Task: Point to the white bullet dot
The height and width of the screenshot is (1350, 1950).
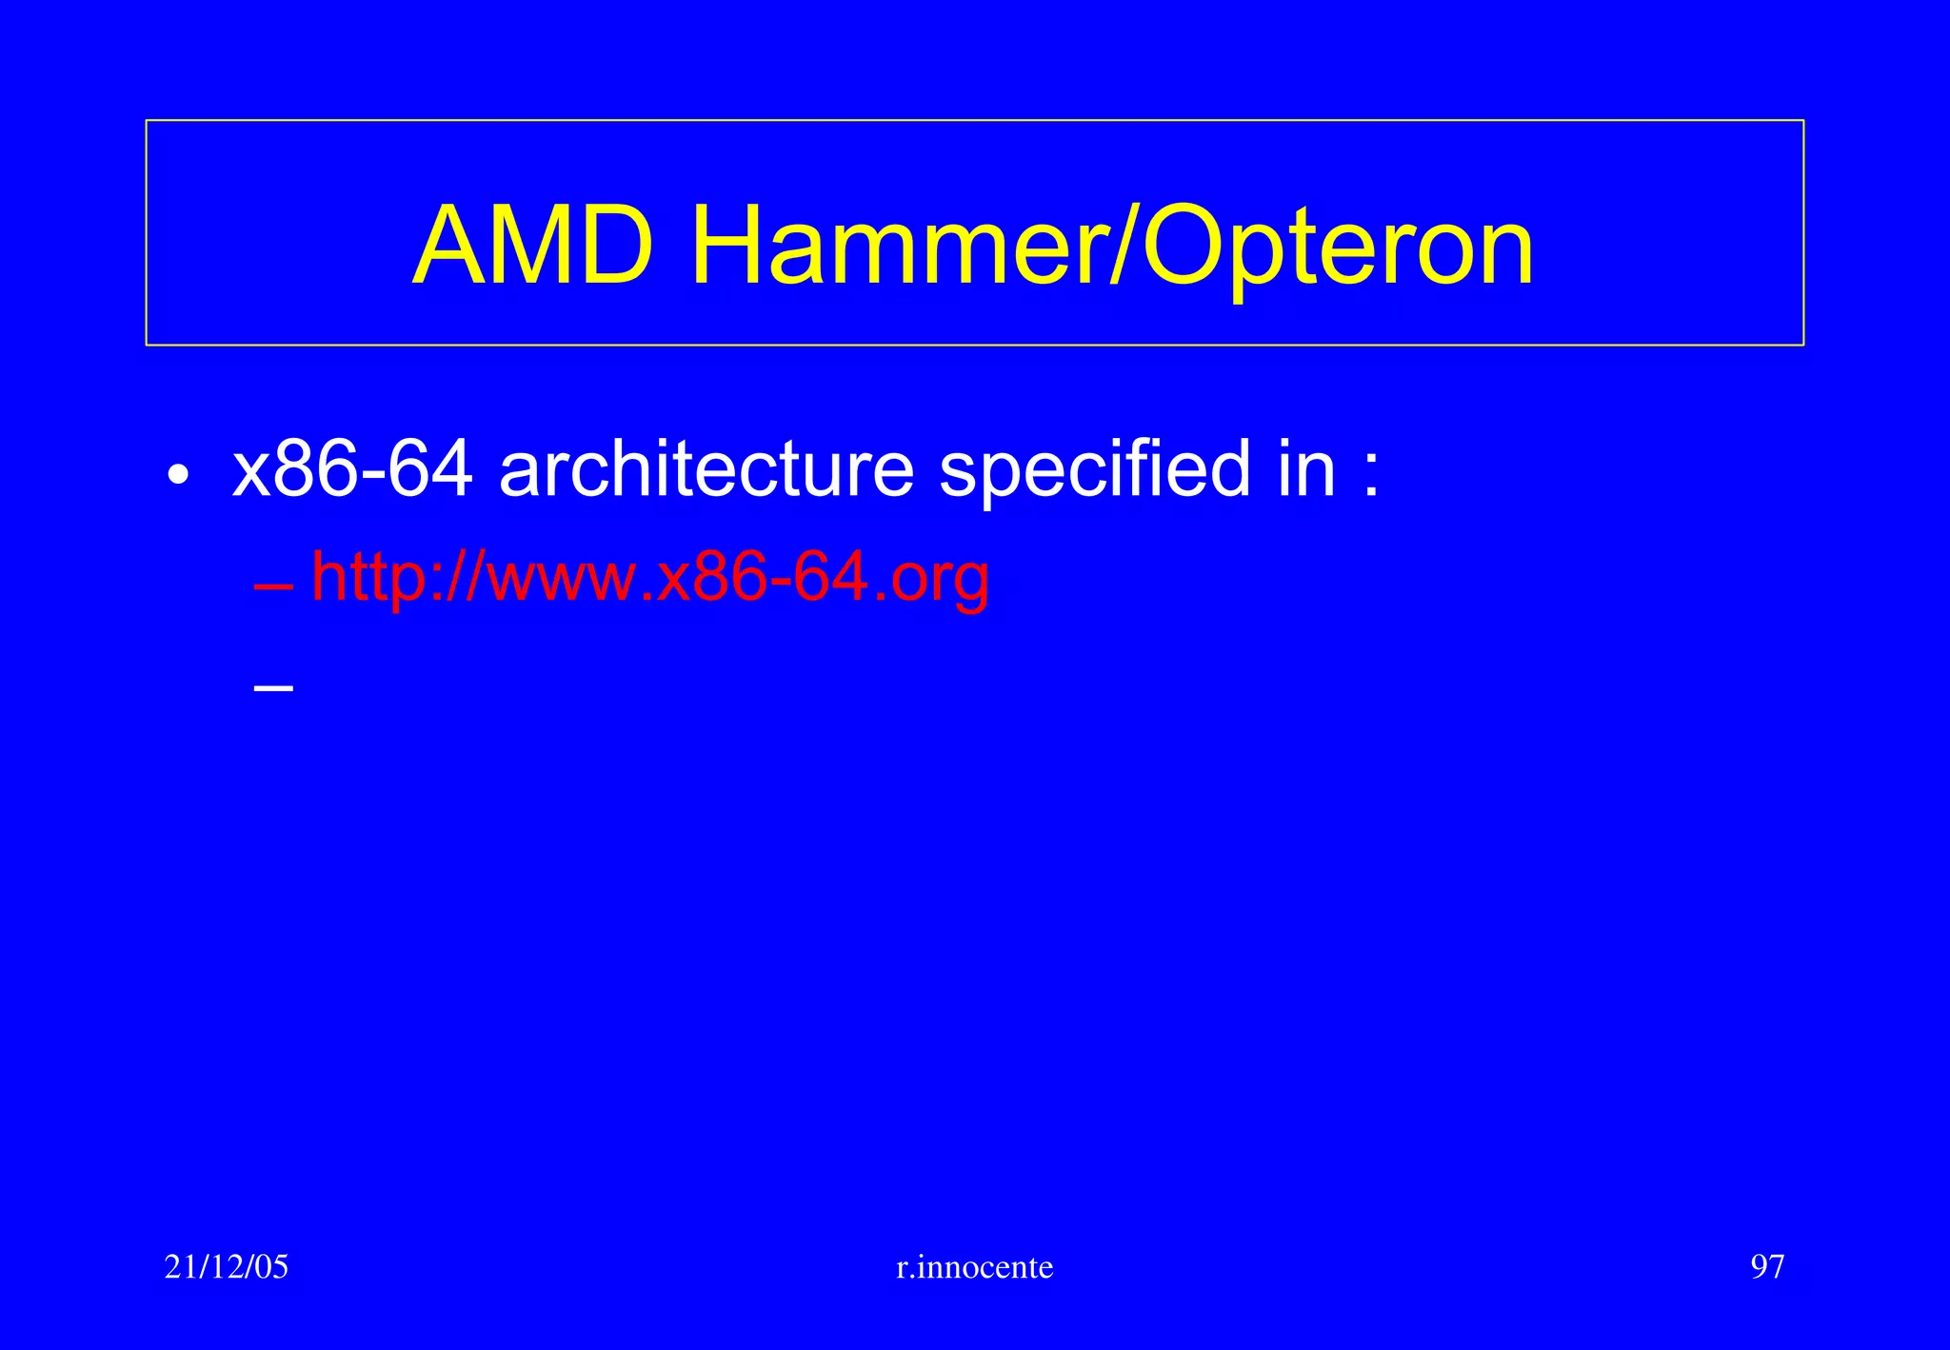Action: pyautogui.click(x=177, y=474)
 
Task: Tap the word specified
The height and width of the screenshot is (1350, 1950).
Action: pyautogui.click(x=1095, y=470)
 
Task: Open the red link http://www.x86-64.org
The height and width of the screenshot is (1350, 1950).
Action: pyautogui.click(x=650, y=577)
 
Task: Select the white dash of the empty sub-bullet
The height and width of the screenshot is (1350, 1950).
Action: pyautogui.click(x=273, y=686)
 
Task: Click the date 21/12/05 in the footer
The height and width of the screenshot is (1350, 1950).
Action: pyautogui.click(x=227, y=1266)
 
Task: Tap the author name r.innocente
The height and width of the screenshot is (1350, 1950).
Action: pyautogui.click(x=975, y=1267)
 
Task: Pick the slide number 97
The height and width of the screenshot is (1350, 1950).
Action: pyautogui.click(x=1767, y=1266)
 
